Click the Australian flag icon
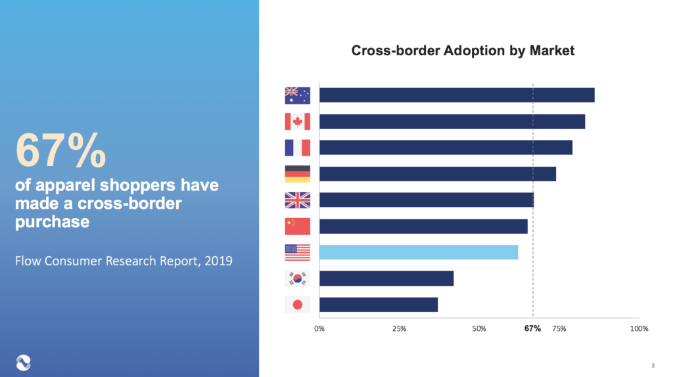pyautogui.click(x=297, y=95)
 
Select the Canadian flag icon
pyautogui.click(x=297, y=122)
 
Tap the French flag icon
pyautogui.click(x=297, y=148)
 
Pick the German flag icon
pyautogui.click(x=297, y=174)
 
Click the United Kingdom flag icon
pyautogui.click(x=297, y=200)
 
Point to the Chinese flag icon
pyautogui.click(x=297, y=226)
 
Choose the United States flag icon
pyautogui.click(x=297, y=252)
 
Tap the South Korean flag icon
pyautogui.click(x=297, y=278)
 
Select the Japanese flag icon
pyautogui.click(x=297, y=305)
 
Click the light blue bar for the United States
pyautogui.click(x=419, y=252)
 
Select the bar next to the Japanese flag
pyautogui.click(x=379, y=305)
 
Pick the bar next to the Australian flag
pyautogui.click(x=457, y=95)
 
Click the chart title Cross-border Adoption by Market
pyautogui.click(x=463, y=51)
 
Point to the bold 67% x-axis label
pyautogui.click(x=532, y=328)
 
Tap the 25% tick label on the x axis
pyautogui.click(x=399, y=328)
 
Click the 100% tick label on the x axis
pyautogui.click(x=639, y=328)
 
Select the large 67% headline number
pyautogui.click(x=60, y=150)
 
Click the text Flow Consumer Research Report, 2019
pyautogui.click(x=124, y=261)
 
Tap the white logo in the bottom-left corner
pyautogui.click(x=23, y=361)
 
